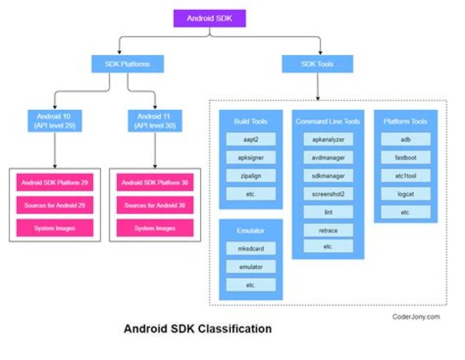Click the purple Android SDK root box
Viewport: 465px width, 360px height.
click(x=211, y=18)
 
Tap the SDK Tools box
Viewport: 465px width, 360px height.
click(x=317, y=63)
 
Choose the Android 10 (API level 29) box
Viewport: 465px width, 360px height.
click(x=52, y=121)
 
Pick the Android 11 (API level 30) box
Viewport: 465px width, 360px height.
click(x=154, y=121)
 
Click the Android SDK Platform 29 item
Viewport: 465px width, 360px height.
click(x=54, y=184)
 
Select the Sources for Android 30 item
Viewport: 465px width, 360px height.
click(x=155, y=206)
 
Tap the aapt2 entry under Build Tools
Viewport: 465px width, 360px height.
click(x=251, y=139)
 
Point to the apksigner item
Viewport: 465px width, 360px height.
click(x=251, y=157)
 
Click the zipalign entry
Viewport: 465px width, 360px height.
click(x=251, y=175)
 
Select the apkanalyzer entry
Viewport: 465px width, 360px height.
click(x=328, y=139)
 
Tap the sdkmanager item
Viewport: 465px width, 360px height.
click(x=328, y=175)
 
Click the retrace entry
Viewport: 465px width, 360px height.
click(x=328, y=229)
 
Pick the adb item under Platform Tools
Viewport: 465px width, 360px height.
click(x=405, y=139)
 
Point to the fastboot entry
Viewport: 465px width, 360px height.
click(x=405, y=157)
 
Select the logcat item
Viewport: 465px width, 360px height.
click(x=405, y=193)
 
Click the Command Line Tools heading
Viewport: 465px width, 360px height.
click(x=328, y=121)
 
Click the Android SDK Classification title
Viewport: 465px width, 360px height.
click(x=198, y=329)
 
